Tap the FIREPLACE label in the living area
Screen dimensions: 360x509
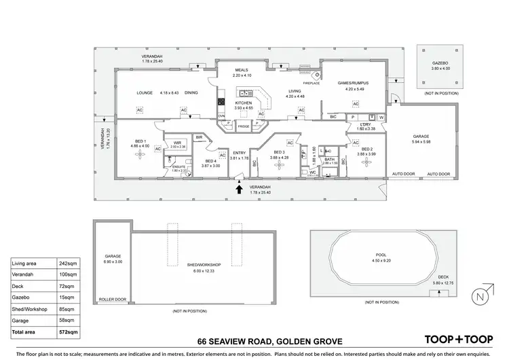pyautogui.click(x=312, y=83)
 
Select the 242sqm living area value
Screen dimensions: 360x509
pyautogui.click(x=64, y=263)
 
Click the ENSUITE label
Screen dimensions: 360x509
pyautogui.click(x=178, y=166)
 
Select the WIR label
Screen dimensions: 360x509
pyautogui.click(x=178, y=143)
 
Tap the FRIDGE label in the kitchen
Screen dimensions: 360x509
pyautogui.click(x=244, y=127)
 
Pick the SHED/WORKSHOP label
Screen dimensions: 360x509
pyautogui.click(x=203, y=265)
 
